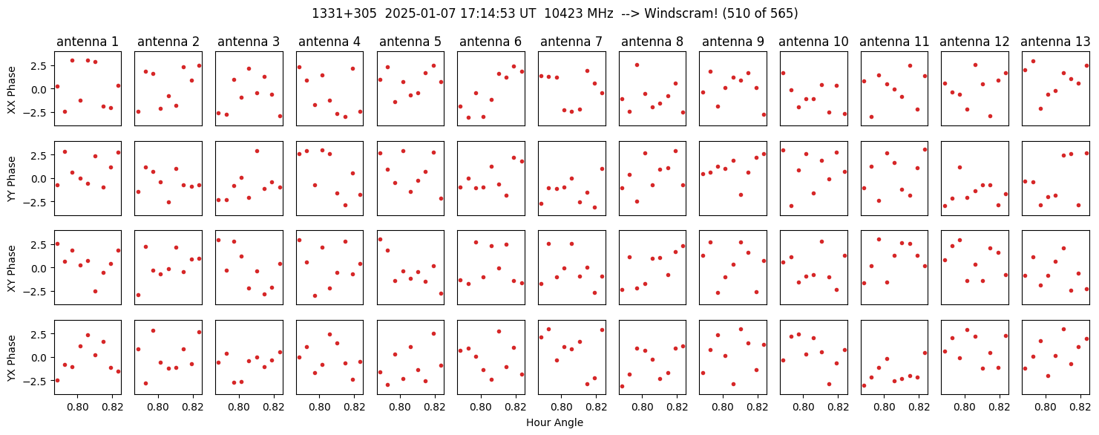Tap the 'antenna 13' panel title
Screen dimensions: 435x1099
pyautogui.click(x=1054, y=42)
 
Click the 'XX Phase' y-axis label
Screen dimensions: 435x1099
pyautogui.click(x=11, y=89)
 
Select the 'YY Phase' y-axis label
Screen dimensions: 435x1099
pyautogui.click(x=11, y=178)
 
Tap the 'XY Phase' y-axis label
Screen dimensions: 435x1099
pyautogui.click(x=11, y=267)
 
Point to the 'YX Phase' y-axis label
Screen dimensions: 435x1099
pyautogui.click(x=11, y=357)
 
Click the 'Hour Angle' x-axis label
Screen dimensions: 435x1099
pyautogui.click(x=554, y=423)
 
